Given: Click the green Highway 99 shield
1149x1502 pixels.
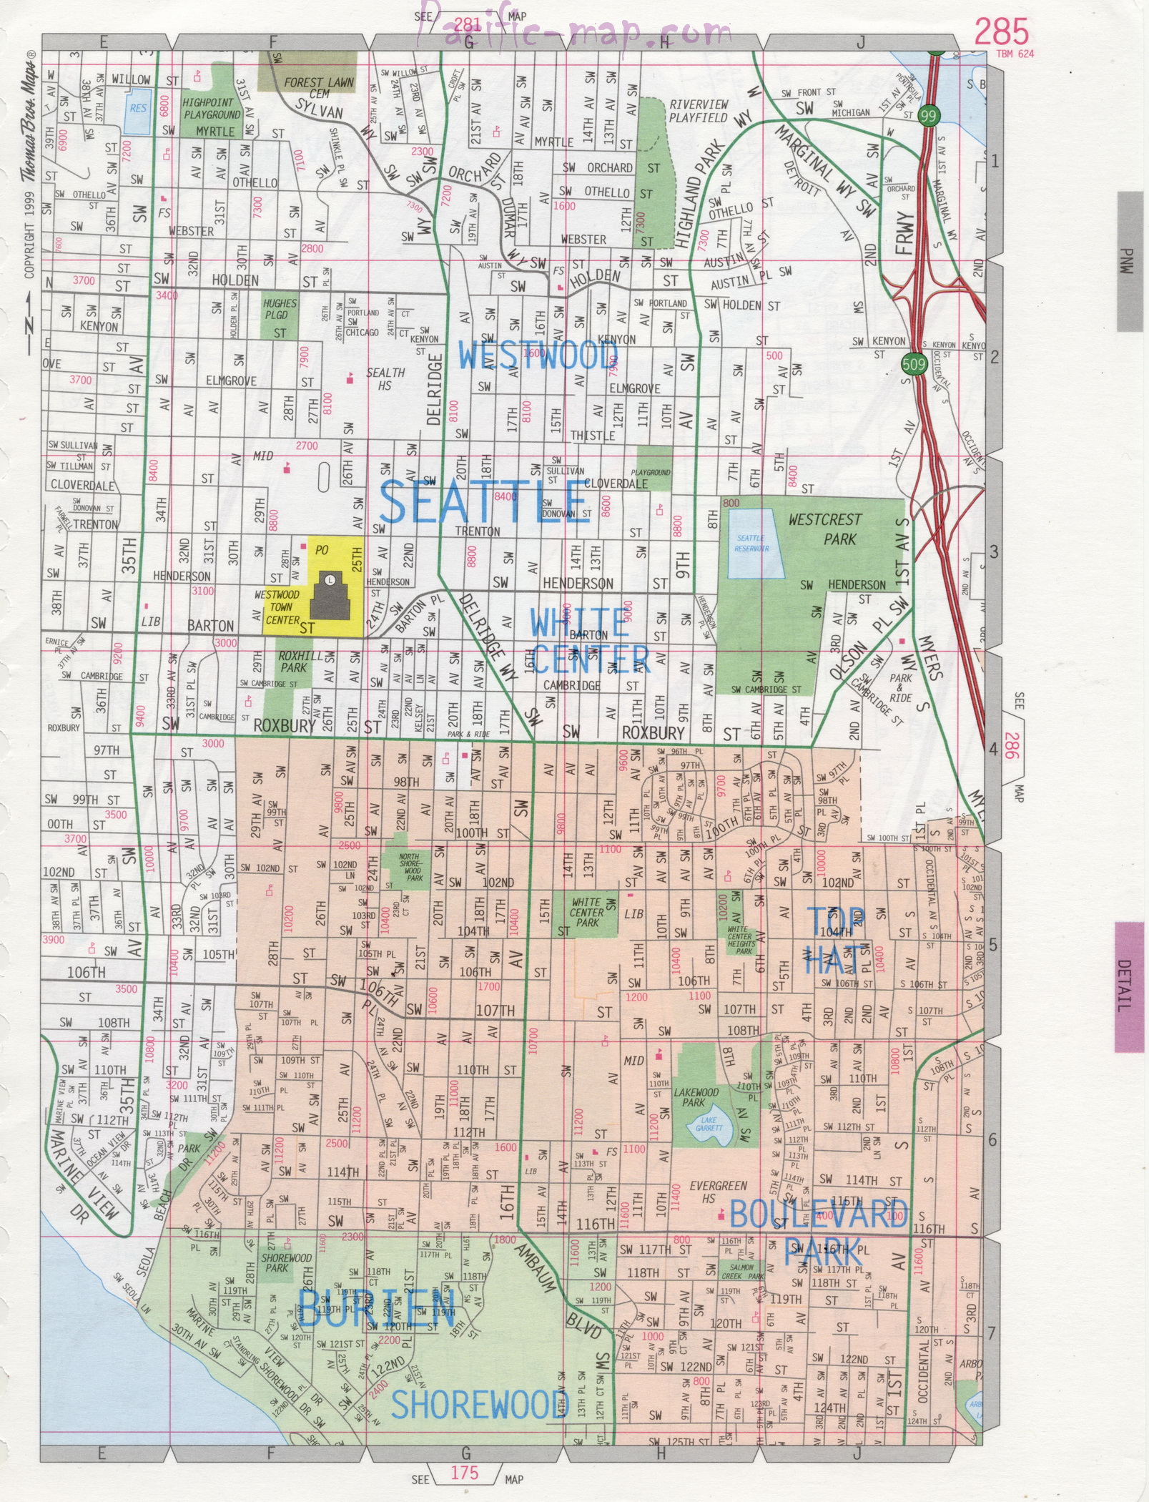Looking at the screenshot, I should click(929, 116).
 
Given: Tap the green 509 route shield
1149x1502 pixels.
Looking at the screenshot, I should click(914, 363).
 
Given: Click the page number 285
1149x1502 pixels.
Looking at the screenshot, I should click(1002, 33).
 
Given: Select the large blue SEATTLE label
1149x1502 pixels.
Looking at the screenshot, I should click(483, 502).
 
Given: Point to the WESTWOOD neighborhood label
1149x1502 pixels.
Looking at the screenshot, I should click(538, 355).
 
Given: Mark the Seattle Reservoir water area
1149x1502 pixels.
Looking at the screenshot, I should click(751, 543).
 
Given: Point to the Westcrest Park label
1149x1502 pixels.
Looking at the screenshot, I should click(826, 529).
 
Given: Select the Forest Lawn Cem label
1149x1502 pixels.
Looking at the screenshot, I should click(318, 88).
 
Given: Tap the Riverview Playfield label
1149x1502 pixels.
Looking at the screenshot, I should click(698, 111).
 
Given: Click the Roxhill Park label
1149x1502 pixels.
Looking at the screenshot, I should click(292, 662).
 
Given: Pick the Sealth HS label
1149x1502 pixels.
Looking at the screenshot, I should click(385, 378).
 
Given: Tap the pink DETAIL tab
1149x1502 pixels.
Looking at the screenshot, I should click(1129, 987).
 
